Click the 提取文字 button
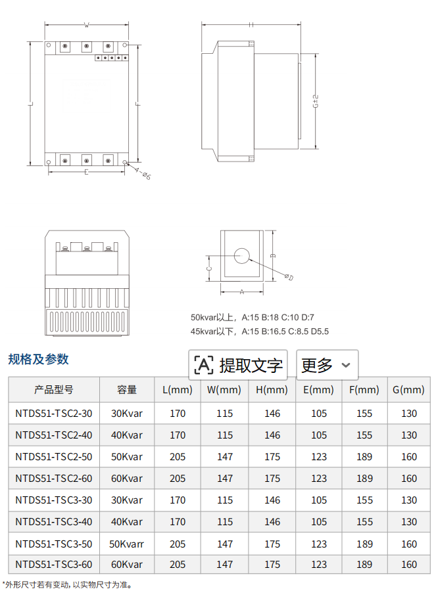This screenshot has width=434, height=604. click(238, 365)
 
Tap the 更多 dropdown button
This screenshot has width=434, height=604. click(327, 365)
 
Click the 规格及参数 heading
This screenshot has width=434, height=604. click(38, 359)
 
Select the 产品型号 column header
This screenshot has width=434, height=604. click(54, 389)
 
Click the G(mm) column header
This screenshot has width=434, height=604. click(408, 389)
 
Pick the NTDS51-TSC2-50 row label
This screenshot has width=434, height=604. click(54, 456)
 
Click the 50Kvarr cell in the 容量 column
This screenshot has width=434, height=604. click(126, 544)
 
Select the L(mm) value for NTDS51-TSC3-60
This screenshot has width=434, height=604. click(178, 565)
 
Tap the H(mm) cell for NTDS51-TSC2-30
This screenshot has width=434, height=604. click(272, 414)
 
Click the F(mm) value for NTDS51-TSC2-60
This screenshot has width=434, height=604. click(364, 478)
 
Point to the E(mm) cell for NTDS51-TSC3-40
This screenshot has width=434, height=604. click(319, 521)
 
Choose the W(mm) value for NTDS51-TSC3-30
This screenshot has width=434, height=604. click(224, 500)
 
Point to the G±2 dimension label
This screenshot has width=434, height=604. click(316, 101)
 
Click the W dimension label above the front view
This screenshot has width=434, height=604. click(86, 25)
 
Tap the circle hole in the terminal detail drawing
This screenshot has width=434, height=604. click(242, 255)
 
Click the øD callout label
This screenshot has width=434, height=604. click(289, 276)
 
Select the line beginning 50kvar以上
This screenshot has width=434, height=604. click(253, 317)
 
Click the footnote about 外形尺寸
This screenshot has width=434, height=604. click(68, 585)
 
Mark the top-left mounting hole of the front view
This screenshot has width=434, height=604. click(49, 45)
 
